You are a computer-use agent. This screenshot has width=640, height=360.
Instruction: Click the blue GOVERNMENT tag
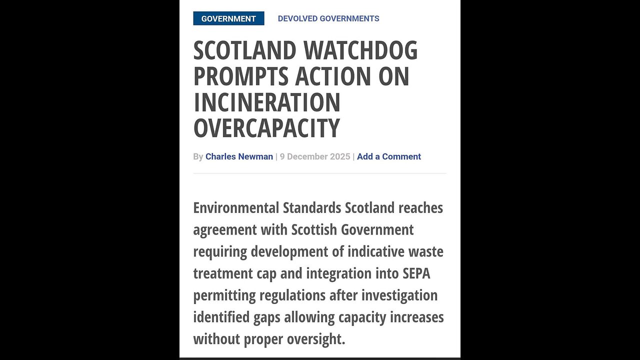coord(228,18)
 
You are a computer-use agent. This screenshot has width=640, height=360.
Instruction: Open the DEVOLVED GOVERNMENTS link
coord(328,18)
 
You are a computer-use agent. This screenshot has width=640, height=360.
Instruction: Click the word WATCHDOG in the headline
coord(360,50)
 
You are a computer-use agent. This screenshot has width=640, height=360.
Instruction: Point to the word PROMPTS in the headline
coord(240,76)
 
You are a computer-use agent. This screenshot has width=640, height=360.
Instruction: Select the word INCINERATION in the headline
coord(267,102)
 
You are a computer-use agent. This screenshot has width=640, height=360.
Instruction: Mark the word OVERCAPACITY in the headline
coord(266,128)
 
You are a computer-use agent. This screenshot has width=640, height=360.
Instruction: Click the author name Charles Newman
coord(239,156)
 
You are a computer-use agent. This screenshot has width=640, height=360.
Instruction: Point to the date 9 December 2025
coord(315,156)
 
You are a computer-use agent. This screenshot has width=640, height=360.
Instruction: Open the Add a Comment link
coord(389,156)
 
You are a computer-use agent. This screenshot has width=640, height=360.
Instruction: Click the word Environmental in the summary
coord(235,207)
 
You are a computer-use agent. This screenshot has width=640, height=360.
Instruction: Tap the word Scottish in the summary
coord(314,229)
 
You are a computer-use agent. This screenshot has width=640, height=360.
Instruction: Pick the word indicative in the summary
coord(379,251)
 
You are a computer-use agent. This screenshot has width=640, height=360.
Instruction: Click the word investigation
coord(399,295)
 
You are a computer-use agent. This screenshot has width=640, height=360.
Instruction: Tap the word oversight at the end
coord(316,339)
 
